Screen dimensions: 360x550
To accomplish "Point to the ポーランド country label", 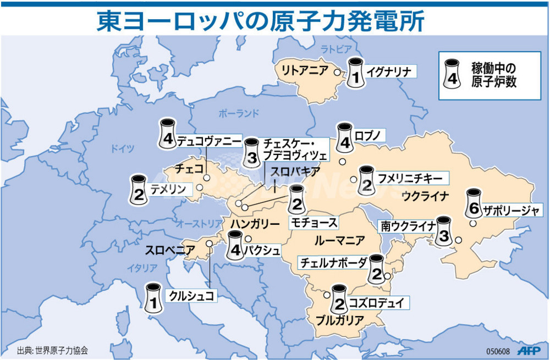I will (x=238, y=114).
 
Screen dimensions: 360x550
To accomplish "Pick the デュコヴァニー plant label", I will (x=210, y=141).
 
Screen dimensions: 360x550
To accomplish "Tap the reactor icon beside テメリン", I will (x=138, y=189).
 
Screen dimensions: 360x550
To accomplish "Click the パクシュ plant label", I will (x=262, y=251).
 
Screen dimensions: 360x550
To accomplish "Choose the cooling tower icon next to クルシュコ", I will (x=153, y=299).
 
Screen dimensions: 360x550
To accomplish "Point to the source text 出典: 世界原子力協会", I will (x=53, y=350).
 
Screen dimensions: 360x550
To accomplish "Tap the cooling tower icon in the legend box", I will (x=453, y=73).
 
